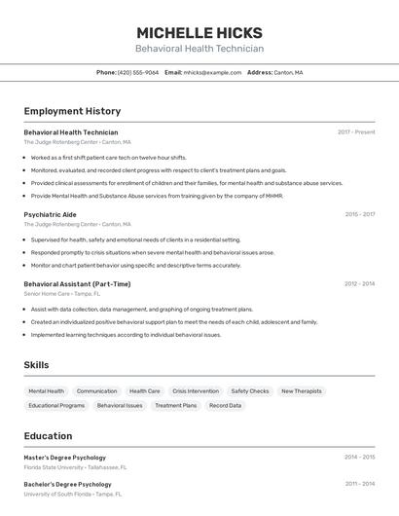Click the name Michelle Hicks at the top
199,33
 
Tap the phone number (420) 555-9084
138,72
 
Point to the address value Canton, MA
288,72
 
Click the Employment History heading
72,112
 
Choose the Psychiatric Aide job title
50,214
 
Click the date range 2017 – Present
356,132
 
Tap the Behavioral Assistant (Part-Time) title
77,284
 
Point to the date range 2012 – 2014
359,284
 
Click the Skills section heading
37,365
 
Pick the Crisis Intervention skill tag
196,391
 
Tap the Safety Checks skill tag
250,391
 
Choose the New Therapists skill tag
301,391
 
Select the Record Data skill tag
225,405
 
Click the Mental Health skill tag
47,391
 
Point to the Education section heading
48,436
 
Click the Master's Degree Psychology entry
64,458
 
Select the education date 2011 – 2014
359,484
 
